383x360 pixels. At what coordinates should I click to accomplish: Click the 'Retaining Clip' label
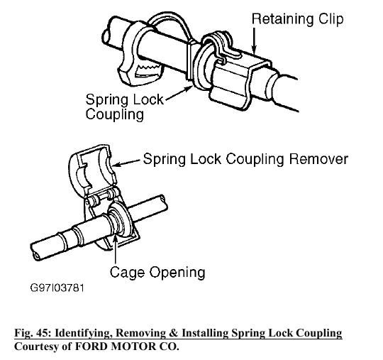point(297,19)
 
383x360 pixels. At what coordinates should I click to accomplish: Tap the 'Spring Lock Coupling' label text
point(124,107)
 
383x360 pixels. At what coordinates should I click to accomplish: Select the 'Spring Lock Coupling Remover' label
point(245,159)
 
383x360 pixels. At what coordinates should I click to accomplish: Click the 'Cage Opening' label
point(157,272)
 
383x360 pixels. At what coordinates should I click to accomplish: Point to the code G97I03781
point(57,288)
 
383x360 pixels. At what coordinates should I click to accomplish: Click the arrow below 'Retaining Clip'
point(255,40)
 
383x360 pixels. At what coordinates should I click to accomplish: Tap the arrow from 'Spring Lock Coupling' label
point(178,93)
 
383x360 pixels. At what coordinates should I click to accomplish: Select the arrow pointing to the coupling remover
point(126,163)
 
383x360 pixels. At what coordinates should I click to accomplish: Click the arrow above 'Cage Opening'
point(116,249)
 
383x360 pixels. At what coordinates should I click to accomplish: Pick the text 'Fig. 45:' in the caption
point(33,333)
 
